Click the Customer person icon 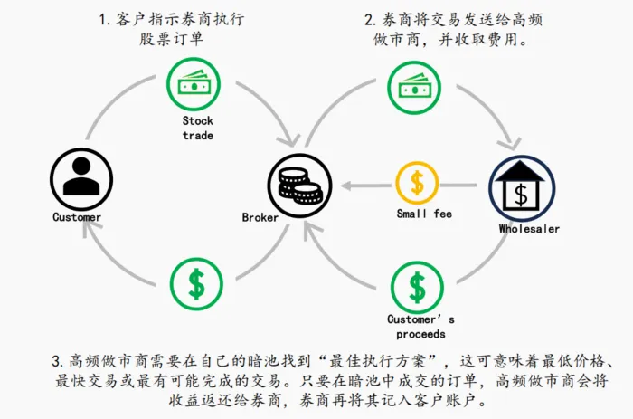(x=76, y=176)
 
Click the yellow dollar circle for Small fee (x=417, y=183)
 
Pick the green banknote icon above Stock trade (x=195, y=84)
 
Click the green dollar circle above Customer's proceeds (x=417, y=287)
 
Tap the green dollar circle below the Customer (x=195, y=283)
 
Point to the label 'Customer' (x=77, y=217)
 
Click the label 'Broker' (x=260, y=217)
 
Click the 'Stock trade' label (x=197, y=128)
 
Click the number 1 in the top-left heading (x=104, y=19)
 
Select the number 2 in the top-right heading (x=369, y=19)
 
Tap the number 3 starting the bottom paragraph (x=56, y=361)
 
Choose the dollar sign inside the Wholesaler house (x=521, y=194)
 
